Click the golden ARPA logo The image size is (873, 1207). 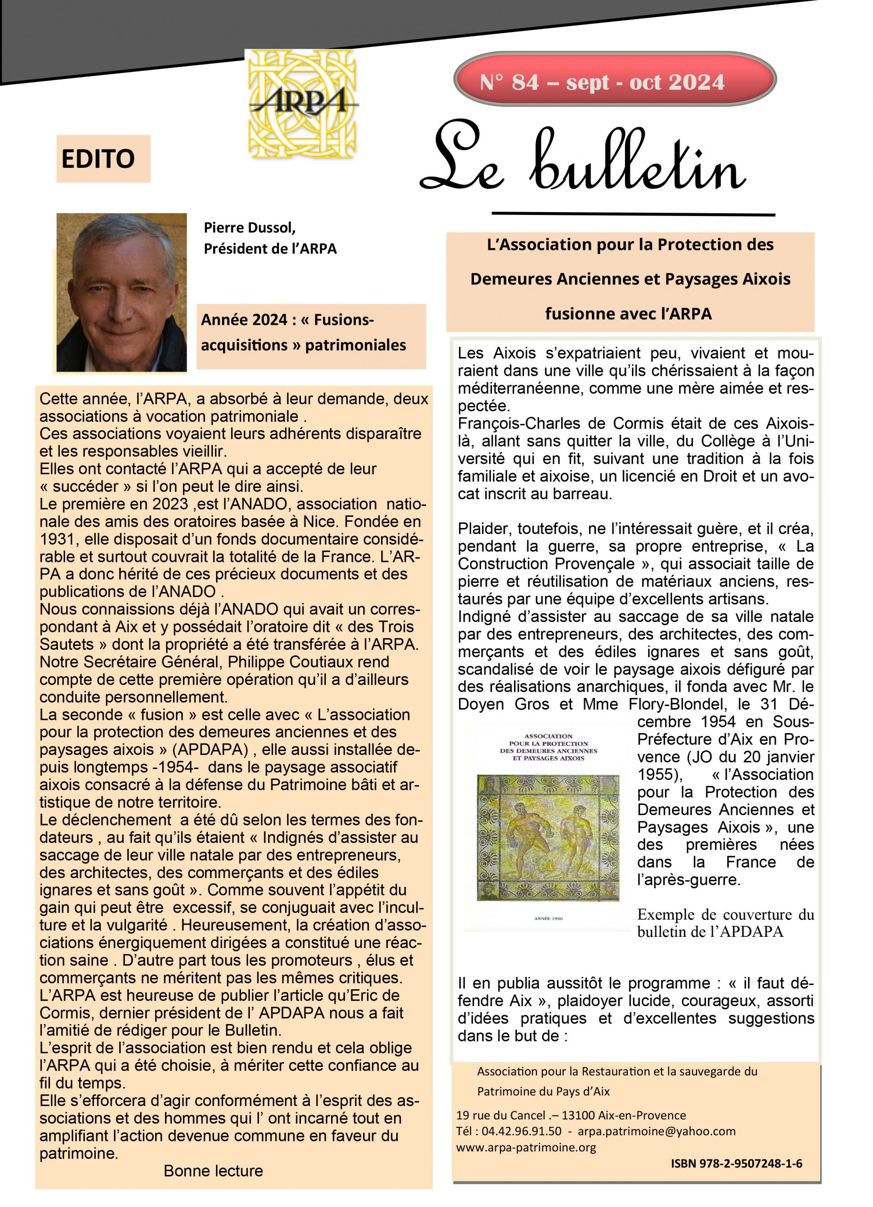pos(301,103)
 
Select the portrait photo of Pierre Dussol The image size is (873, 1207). pos(121,292)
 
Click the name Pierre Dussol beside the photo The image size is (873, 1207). pos(249,228)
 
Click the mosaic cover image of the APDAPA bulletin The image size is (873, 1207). pos(548,837)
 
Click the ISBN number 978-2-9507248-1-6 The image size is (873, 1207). pos(736,1163)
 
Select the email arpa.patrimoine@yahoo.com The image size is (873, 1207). pos(657,1131)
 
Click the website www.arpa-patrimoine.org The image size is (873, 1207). pos(525,1147)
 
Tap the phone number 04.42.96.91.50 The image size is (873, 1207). pos(521,1131)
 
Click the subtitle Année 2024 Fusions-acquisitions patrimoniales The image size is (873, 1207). pos(303,332)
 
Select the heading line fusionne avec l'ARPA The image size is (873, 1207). pos(628,314)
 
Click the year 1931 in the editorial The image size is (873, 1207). pos(57,539)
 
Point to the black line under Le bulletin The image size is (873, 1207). pos(633,215)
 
